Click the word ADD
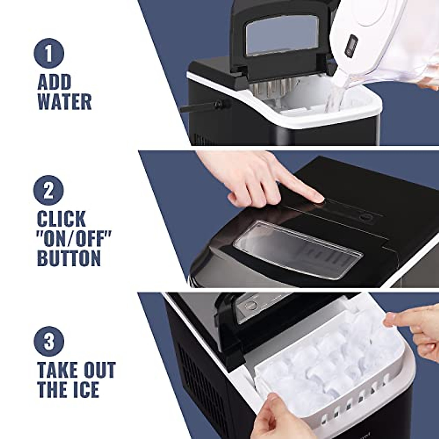(x=54, y=83)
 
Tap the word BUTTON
(x=69, y=258)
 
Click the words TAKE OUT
(x=76, y=370)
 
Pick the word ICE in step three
(x=84, y=390)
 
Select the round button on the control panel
(x=365, y=218)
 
